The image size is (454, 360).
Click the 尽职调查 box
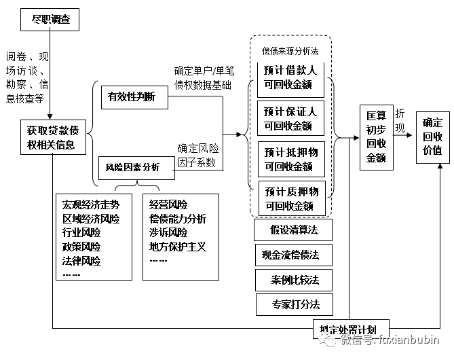[x=50, y=20]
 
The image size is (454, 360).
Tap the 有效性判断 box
[x=131, y=97]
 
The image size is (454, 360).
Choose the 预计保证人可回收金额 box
[x=290, y=118]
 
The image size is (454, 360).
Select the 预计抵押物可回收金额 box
[x=290, y=158]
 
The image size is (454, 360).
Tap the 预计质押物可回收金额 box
[x=290, y=198]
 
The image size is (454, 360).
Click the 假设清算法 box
[x=294, y=230]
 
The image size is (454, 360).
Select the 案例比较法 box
[x=295, y=279]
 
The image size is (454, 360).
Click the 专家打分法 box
[x=295, y=304]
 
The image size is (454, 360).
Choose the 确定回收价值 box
[x=432, y=137]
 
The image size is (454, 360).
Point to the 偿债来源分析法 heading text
[x=290, y=50]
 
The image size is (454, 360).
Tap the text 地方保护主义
[x=178, y=247]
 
